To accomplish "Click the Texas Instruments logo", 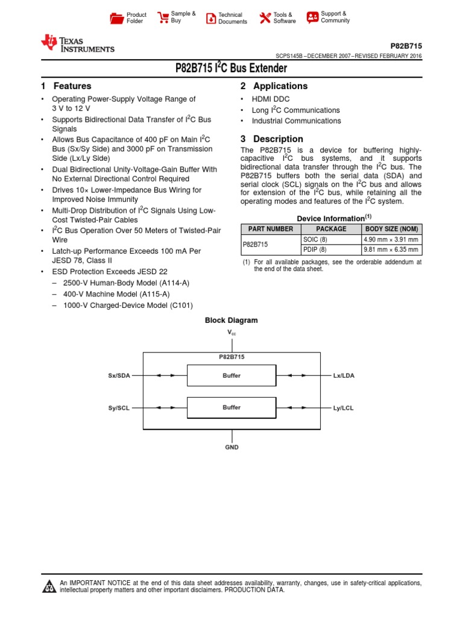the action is [x=77, y=44].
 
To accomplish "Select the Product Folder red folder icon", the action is [x=116, y=18].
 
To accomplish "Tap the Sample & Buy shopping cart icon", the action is [x=163, y=17].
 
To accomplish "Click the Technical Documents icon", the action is [x=210, y=18].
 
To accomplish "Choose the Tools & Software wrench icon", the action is [x=265, y=18].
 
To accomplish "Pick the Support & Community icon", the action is [x=312, y=17].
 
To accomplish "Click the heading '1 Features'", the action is [x=66, y=86].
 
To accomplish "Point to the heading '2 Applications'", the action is [x=274, y=86].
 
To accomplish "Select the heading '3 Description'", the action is [x=272, y=139].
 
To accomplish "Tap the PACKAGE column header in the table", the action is [x=331, y=229].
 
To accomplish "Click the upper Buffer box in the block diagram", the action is [x=231, y=375].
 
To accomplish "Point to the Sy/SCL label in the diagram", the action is [x=119, y=408].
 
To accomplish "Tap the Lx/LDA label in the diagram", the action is [x=344, y=375].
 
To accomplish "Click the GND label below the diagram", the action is [x=231, y=447].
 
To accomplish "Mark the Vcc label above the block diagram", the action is [x=231, y=333].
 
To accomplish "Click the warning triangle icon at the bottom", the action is [x=48, y=587].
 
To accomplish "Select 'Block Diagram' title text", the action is [x=231, y=321].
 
